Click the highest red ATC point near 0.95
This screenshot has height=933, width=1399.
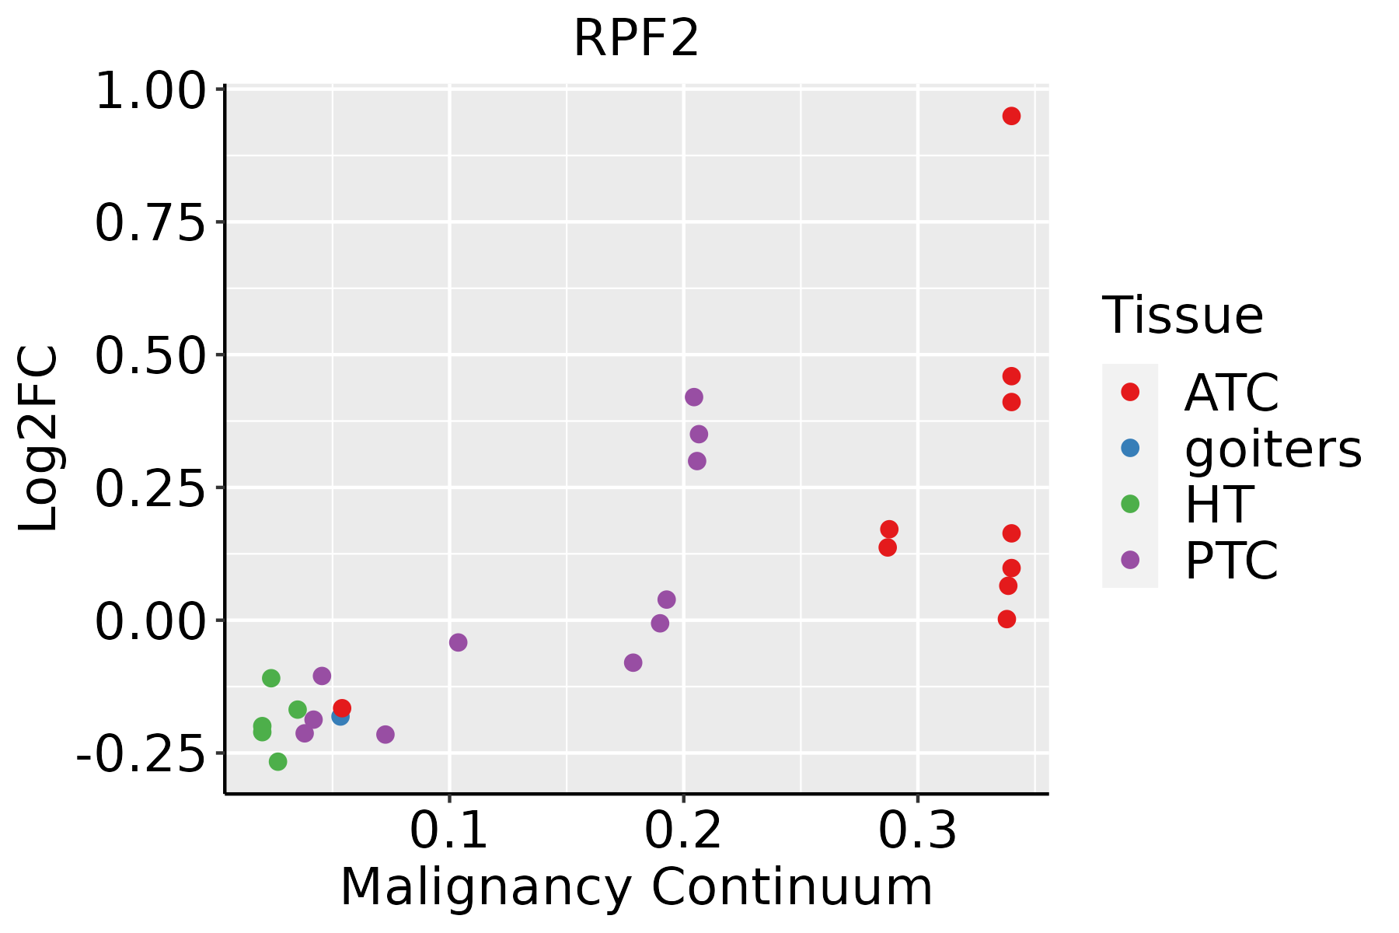(1011, 116)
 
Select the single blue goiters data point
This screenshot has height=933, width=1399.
(340, 716)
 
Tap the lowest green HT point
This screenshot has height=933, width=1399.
(277, 761)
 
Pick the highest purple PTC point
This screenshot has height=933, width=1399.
(694, 397)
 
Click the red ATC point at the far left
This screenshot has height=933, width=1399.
(342, 708)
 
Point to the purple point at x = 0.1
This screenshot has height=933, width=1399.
(458, 642)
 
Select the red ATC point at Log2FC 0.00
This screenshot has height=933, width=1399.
(1007, 619)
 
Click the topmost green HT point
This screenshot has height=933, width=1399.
(270, 678)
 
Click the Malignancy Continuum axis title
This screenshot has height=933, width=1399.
(636, 887)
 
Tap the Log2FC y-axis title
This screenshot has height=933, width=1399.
(39, 439)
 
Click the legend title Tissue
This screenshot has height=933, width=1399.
(1182, 316)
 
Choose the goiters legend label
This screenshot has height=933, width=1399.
(1273, 449)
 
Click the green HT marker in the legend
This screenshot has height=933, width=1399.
(1130, 504)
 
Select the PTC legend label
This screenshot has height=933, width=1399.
(1231, 561)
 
